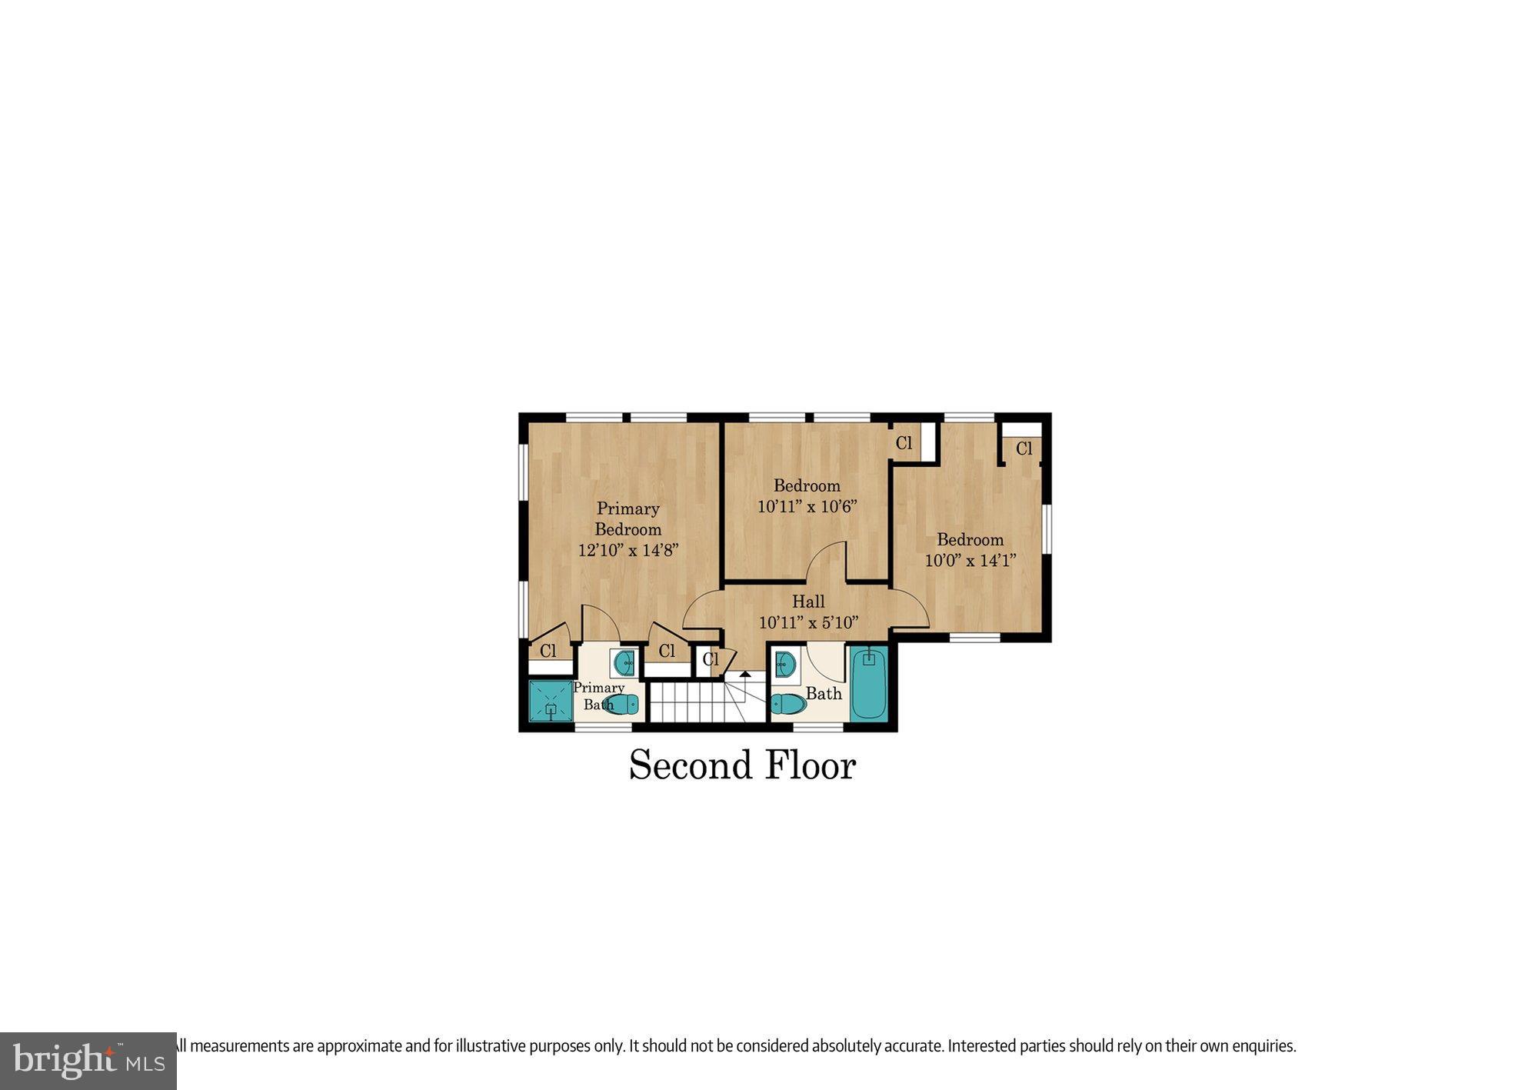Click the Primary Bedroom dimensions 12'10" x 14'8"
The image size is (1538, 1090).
[628, 550]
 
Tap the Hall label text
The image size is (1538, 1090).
[808, 602]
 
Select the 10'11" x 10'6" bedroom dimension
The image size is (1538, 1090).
[807, 506]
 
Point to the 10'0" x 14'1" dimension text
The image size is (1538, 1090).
[970, 560]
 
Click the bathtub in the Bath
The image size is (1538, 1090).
[870, 683]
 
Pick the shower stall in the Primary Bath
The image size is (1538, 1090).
[551, 701]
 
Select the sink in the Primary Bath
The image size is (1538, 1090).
[624, 662]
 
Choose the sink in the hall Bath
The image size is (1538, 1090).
[784, 663]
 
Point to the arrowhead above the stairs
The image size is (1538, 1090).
[744, 674]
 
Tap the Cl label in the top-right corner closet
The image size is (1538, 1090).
[1024, 448]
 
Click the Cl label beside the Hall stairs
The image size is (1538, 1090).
[711, 659]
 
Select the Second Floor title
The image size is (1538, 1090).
[742, 765]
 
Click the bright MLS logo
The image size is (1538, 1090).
[88, 1061]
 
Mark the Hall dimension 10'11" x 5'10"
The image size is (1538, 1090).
[808, 622]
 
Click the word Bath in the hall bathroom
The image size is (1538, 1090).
[824, 693]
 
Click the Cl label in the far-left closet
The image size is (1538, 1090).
[548, 651]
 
